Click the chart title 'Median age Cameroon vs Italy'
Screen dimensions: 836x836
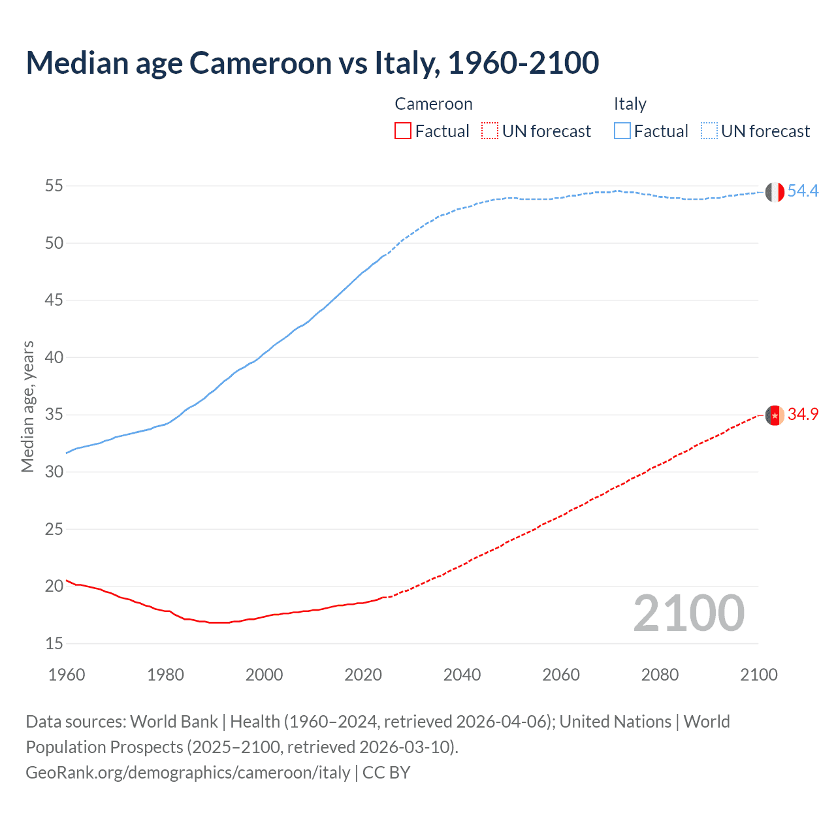312,63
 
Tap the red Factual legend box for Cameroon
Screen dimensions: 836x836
403,131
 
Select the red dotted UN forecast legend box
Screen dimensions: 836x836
490,131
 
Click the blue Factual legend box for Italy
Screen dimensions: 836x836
622,131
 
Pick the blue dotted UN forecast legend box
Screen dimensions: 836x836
709,131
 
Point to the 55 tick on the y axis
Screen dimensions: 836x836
54,186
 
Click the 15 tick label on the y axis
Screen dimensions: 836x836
54,644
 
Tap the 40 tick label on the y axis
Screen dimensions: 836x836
54,358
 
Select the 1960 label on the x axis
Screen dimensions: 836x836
67,675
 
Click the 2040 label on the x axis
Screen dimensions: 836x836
462,675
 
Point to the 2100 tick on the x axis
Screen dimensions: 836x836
759,675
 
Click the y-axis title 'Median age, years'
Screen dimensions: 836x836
27,406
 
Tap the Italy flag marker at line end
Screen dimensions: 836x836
775,192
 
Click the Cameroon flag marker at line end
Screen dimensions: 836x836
775,415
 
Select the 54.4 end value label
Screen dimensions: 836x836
803,191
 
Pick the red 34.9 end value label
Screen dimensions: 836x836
803,415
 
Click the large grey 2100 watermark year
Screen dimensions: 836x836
689,613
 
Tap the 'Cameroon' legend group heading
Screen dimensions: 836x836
433,104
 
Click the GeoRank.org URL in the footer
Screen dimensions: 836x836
188,773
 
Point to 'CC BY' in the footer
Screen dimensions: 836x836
386,773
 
